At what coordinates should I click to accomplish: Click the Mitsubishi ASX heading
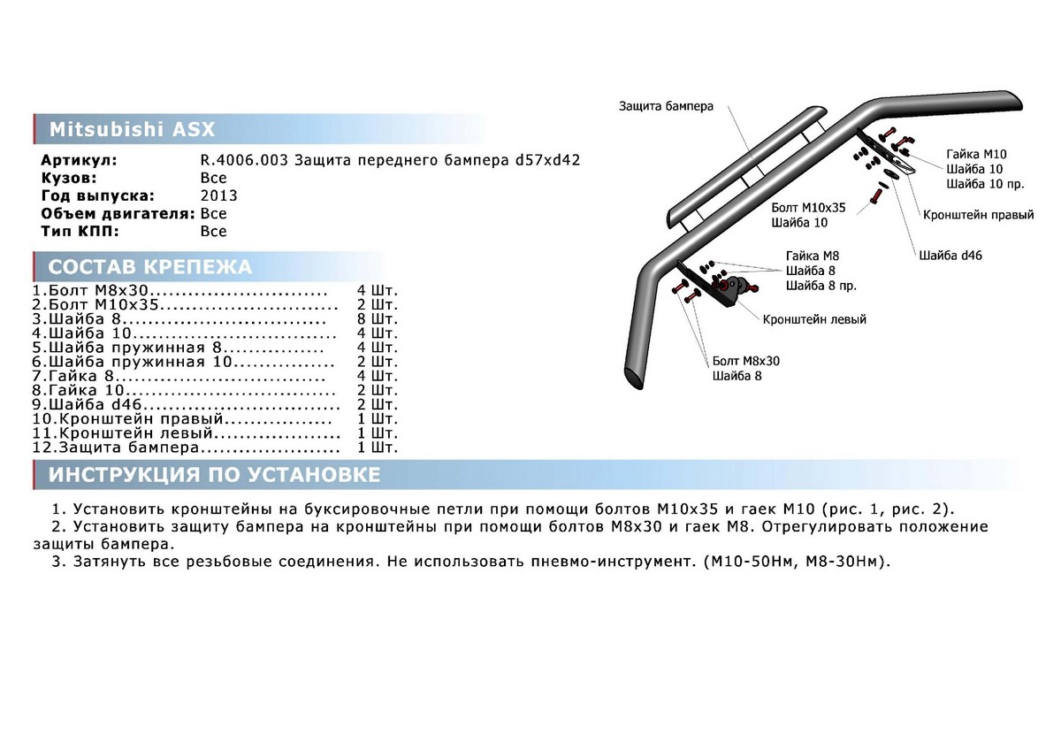pyautogui.click(x=131, y=129)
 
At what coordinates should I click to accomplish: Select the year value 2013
pyautogui.click(x=218, y=196)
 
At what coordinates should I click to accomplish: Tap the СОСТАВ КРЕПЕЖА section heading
pyautogui.click(x=149, y=267)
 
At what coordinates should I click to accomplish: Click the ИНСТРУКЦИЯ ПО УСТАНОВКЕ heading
pyautogui.click(x=214, y=475)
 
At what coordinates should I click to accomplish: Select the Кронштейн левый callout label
pyautogui.click(x=814, y=319)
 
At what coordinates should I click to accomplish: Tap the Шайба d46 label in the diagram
pyautogui.click(x=950, y=256)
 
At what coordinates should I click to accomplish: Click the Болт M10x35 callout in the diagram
pyautogui.click(x=808, y=207)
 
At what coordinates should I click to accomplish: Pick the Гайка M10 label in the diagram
pyautogui.click(x=976, y=154)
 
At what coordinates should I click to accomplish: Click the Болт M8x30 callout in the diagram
pyautogui.click(x=746, y=361)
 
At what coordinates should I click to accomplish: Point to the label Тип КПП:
pyautogui.click(x=78, y=232)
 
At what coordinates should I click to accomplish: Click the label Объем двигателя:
pyautogui.click(x=118, y=214)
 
